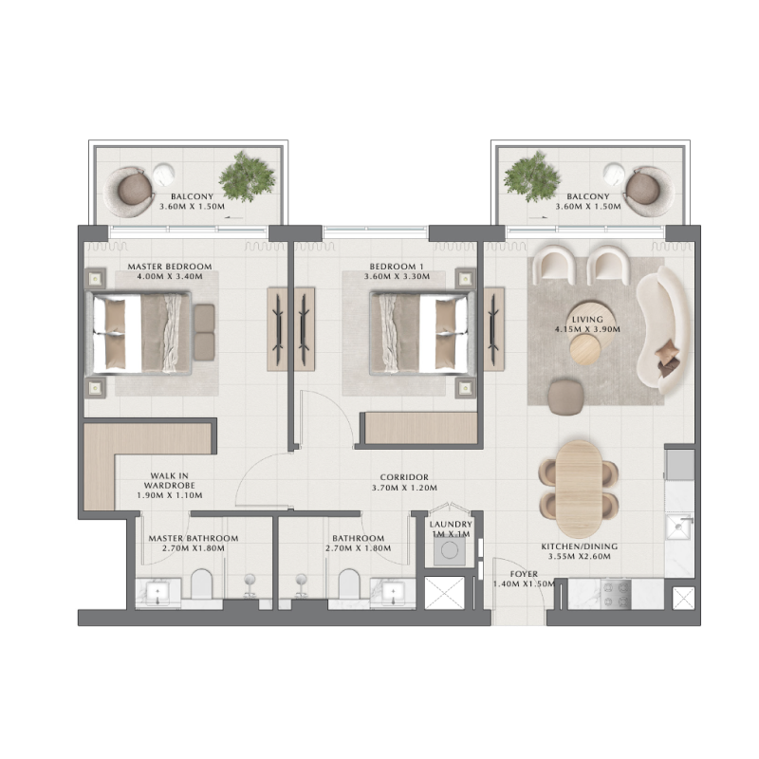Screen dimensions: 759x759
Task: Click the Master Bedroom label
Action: (x=170, y=267)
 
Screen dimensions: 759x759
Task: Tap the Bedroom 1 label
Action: (x=397, y=267)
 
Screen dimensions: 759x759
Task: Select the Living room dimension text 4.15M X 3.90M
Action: (x=587, y=329)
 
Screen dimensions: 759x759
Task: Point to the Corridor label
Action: (x=404, y=477)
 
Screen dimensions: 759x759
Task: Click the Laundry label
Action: (x=451, y=524)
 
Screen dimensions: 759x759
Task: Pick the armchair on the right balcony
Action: (x=650, y=187)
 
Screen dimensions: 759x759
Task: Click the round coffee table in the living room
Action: (x=585, y=349)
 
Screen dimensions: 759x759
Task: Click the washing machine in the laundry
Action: (x=445, y=556)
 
